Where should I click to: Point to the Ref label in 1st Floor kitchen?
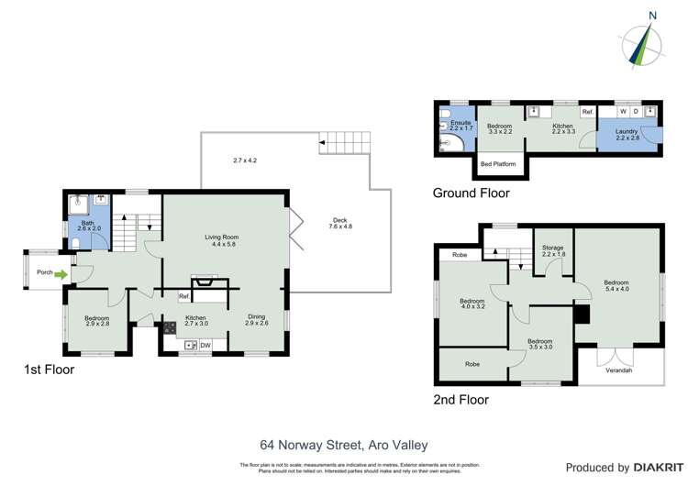pos(183,296)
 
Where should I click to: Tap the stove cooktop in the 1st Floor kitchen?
pos(170,326)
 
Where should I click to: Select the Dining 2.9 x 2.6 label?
pos(257,319)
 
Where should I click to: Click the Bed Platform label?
pos(498,164)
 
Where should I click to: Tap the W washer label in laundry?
pos(623,112)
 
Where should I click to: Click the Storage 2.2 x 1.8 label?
pos(552,250)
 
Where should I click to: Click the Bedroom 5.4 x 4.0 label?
pos(616,286)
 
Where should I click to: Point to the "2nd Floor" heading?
pos(461,400)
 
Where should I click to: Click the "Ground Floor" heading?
pos(471,193)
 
